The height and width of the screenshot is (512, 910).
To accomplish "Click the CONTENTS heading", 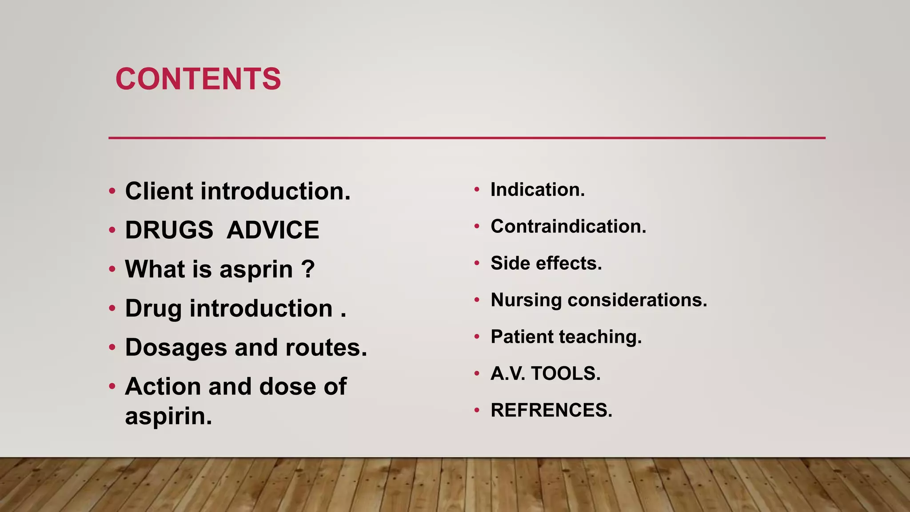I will click(198, 79).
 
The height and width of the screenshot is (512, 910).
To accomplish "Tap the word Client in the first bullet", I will click(159, 191).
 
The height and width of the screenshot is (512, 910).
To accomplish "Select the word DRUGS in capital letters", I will click(169, 230).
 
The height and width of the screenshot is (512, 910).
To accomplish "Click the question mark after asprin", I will click(308, 269).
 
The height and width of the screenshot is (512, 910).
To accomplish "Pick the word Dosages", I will click(176, 348).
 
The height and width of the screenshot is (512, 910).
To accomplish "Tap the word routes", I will click(326, 348).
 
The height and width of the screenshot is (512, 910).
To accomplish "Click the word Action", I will click(163, 387).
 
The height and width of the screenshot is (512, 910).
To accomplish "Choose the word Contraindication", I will click(568, 227).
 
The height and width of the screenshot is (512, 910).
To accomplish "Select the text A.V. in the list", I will click(508, 373).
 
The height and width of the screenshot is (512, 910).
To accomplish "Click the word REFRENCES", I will click(551, 410).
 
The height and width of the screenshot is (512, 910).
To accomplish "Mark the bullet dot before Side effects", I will click(477, 264).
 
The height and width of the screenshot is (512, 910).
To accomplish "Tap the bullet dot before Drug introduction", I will click(112, 309).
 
